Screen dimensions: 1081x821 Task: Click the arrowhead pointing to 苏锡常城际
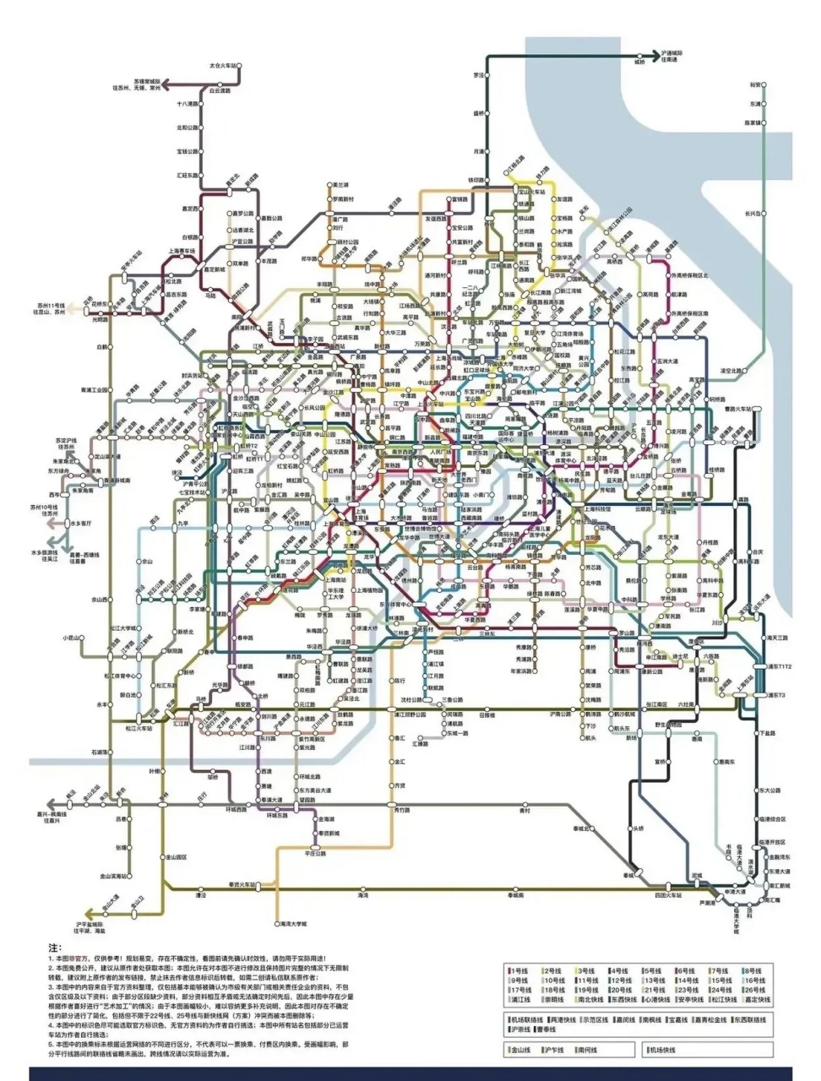[x=166, y=84]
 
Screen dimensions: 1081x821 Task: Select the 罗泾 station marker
[x=488, y=75]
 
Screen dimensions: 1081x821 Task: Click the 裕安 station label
[x=755, y=85]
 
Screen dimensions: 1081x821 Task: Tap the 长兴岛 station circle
[x=766, y=214]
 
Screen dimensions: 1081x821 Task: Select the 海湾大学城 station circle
[x=276, y=924]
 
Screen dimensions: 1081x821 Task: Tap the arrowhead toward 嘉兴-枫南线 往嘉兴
[x=52, y=803]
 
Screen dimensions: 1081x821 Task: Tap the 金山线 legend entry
[x=519, y=1050]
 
